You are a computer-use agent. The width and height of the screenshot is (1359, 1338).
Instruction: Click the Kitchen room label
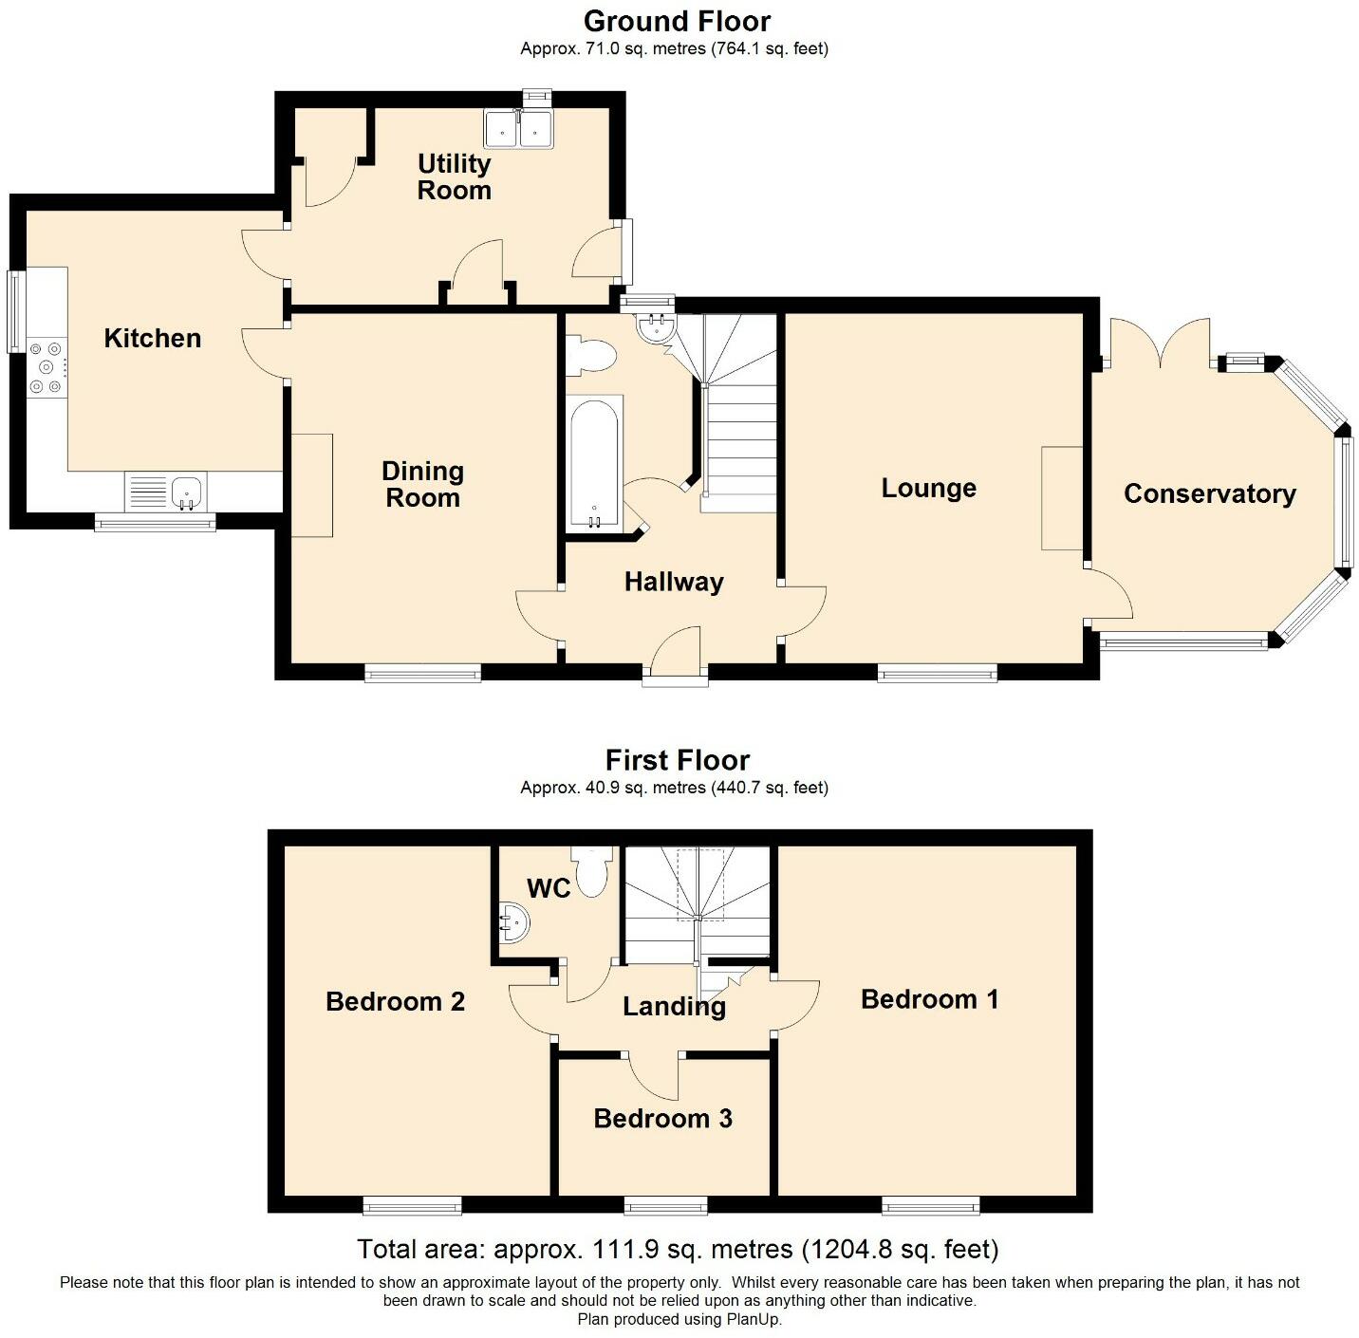point(152,339)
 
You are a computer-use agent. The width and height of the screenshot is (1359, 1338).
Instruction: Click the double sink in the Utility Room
point(518,129)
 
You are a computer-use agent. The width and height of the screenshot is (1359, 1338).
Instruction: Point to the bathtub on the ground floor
point(594,464)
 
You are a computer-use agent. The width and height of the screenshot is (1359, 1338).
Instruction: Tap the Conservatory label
point(1209,494)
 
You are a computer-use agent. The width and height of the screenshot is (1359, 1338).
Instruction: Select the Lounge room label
point(928,489)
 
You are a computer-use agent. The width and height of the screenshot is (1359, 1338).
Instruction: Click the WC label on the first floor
point(549,888)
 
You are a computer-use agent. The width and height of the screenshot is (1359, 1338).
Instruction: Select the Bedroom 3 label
point(662,1119)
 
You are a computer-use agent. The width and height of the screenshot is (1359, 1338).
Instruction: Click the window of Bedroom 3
point(665,1206)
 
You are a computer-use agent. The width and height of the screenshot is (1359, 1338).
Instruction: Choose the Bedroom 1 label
point(929,999)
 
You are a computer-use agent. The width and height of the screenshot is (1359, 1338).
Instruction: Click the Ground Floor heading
point(677,21)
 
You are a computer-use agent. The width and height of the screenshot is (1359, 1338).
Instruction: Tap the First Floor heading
point(677,760)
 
